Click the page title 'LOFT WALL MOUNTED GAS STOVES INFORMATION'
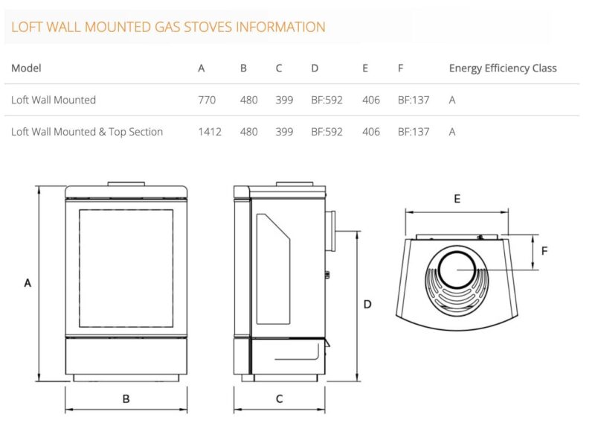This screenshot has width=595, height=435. pyautogui.click(x=168, y=28)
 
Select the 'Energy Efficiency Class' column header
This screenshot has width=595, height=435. pyautogui.click(x=503, y=68)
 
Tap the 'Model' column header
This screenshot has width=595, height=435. pyautogui.click(x=26, y=68)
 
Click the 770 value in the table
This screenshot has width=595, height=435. pyautogui.click(x=207, y=100)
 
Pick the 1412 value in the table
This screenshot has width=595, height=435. pyautogui.click(x=210, y=132)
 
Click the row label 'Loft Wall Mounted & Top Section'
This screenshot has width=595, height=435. pyautogui.click(x=87, y=132)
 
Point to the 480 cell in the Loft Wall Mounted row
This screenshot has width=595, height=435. pyautogui.click(x=248, y=100)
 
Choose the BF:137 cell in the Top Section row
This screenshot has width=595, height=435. pyautogui.click(x=414, y=132)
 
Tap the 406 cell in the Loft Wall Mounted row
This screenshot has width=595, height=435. pyautogui.click(x=370, y=100)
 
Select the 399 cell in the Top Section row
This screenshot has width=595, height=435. pyautogui.click(x=284, y=132)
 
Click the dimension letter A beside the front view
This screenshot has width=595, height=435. pyautogui.click(x=28, y=283)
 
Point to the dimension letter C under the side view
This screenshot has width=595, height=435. pyautogui.click(x=280, y=399)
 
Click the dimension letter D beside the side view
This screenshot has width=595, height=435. pyautogui.click(x=367, y=304)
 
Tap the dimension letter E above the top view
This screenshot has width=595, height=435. pyautogui.click(x=457, y=199)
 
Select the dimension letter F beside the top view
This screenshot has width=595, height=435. pyautogui.click(x=544, y=251)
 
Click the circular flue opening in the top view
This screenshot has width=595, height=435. pyautogui.click(x=457, y=269)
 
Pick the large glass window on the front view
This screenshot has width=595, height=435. pyautogui.click(x=126, y=268)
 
